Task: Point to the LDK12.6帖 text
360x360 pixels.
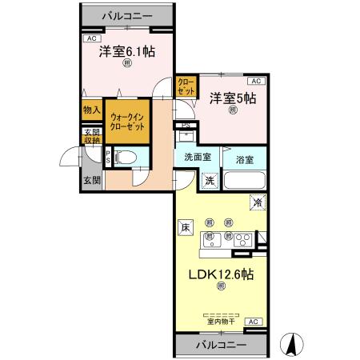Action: click(221, 274)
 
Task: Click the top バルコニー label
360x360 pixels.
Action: click(129, 14)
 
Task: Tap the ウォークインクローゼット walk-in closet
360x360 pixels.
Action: click(127, 121)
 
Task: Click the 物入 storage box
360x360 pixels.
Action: click(91, 110)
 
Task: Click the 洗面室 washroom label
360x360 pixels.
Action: click(197, 158)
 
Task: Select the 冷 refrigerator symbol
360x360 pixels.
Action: click(258, 202)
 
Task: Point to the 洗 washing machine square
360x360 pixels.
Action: click(208, 181)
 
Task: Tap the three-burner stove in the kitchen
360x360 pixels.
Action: click(243, 237)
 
